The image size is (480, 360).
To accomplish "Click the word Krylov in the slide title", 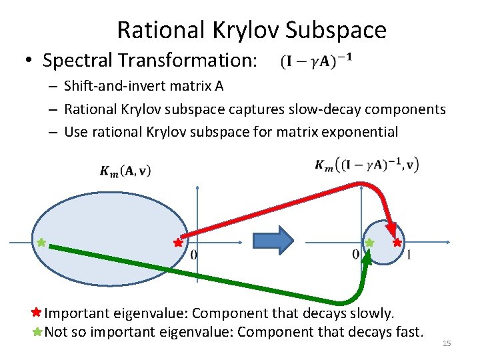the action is pos(248,29).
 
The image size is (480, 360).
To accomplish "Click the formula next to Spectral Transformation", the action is pos(317,61).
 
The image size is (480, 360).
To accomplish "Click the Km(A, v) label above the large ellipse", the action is pos(125,171).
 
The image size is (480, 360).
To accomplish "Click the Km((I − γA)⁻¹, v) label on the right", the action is pos(367,165).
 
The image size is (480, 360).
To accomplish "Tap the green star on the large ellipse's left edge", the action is pos(41,243).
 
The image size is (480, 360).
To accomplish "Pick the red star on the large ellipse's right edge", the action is pos(178,243).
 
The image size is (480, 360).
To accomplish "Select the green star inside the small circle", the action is pos(369,243).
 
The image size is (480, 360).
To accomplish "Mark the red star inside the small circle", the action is pos(397,243).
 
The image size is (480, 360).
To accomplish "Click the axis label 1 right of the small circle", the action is pos(408,254).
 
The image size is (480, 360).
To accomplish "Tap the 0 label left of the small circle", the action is pos(355,254).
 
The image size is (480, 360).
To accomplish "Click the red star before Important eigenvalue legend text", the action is pos(37,312).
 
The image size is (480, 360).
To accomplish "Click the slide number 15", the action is pos(447,343).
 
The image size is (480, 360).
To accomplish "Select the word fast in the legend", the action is pos(407,331).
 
